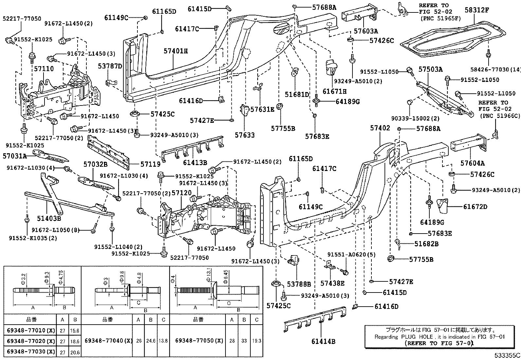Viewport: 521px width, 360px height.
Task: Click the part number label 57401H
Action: [176, 51]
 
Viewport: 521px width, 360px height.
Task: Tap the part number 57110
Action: [44, 69]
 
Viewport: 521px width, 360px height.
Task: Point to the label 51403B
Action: [49, 218]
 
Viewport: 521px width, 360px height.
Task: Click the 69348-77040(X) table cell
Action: [108, 341]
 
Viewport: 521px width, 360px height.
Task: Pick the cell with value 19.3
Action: [257, 341]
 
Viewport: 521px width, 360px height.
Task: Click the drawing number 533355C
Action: [507, 355]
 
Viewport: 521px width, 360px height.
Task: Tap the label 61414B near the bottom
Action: [323, 342]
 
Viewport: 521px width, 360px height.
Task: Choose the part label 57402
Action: [380, 128]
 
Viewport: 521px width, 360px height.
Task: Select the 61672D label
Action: [475, 207]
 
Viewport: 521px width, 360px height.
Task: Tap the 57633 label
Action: [244, 135]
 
